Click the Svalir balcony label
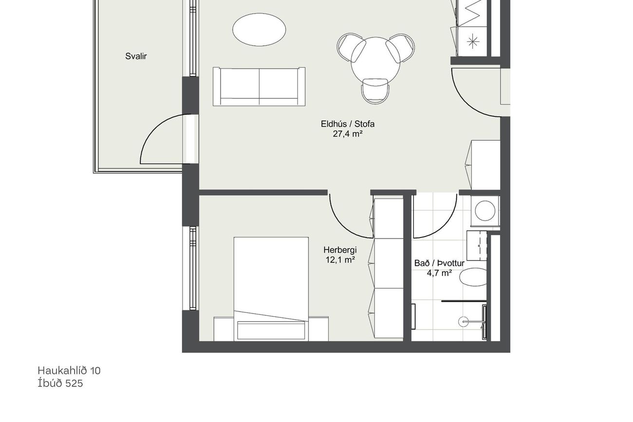(136, 56)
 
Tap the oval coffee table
(259, 29)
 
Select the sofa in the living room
(259, 87)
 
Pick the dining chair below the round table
(375, 91)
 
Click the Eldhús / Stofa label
(348, 124)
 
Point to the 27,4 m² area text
(348, 134)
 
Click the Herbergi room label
(340, 250)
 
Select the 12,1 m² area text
(340, 260)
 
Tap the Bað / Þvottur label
(439, 263)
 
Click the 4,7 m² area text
(439, 273)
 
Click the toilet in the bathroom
(473, 277)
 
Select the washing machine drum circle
(485, 210)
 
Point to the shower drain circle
(464, 321)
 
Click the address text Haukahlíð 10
(69, 370)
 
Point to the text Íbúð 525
(60, 383)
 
